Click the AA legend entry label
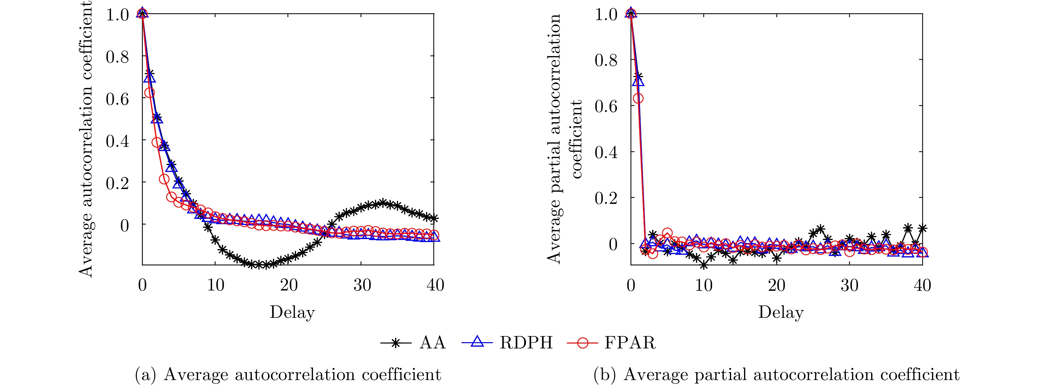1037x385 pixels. pos(432,343)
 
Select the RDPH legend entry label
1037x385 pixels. pos(526,343)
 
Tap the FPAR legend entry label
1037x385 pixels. pos(630,343)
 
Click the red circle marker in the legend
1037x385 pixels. pos(582,343)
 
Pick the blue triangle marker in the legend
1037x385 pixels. pos(477,342)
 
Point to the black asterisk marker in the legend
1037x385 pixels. pos(396,343)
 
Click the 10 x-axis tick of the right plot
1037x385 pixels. pos(704,285)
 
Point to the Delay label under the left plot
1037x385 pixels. pos(292,313)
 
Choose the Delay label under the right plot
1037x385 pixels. pos(781,313)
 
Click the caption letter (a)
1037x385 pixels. pos(145,374)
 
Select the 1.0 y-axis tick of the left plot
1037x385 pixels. pos(117,15)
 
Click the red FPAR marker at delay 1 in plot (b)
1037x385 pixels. pos(638,98)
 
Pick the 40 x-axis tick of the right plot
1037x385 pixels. pos(922,285)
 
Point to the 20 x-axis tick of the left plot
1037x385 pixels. pos(289,285)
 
